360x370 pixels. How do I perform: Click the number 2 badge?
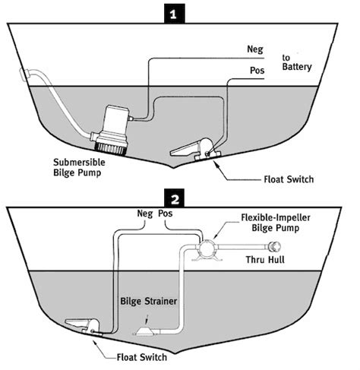(x=175, y=200)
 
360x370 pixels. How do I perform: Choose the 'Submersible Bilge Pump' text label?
(x=85, y=168)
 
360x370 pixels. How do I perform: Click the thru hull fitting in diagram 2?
(x=271, y=248)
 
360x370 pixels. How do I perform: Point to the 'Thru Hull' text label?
(x=269, y=265)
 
